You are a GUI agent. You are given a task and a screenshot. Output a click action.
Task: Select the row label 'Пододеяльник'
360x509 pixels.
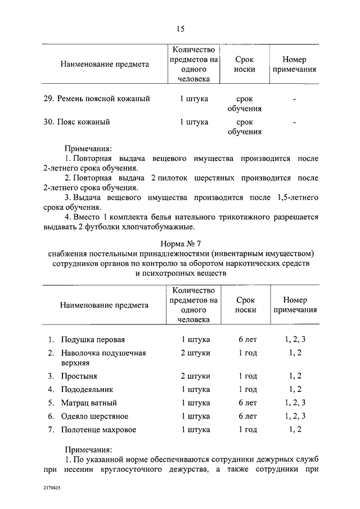click(88, 389)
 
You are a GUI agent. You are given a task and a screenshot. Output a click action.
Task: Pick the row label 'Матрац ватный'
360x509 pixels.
click(89, 403)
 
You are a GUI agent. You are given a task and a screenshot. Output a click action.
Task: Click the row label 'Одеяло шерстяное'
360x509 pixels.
click(95, 416)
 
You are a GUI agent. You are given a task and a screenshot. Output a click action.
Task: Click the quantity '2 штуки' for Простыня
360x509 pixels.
click(195, 376)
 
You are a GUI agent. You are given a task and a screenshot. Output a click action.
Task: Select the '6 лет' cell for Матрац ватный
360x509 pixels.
click(247, 403)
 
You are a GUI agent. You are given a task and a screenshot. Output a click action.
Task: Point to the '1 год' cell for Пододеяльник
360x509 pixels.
click(247, 389)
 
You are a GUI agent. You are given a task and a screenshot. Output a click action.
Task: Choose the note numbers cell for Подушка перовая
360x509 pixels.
click(295, 340)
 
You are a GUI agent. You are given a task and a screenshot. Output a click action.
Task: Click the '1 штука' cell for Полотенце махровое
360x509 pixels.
click(195, 430)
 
